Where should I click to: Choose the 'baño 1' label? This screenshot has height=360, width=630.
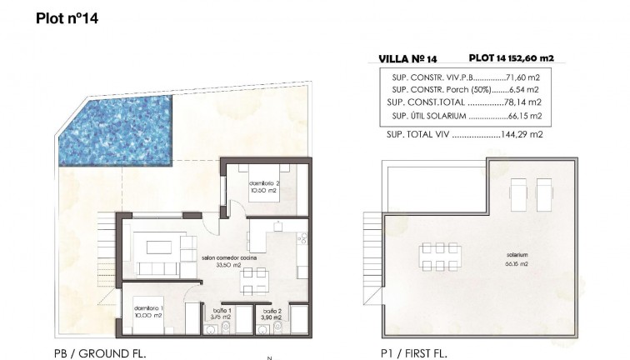tap(220, 308)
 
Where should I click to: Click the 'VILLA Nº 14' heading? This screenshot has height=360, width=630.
tap(408, 58)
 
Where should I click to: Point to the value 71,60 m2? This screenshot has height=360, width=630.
tap(525, 76)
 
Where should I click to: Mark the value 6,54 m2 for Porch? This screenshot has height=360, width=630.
tap(527, 88)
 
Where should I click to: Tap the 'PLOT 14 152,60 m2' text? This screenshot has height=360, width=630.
tap(512, 58)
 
